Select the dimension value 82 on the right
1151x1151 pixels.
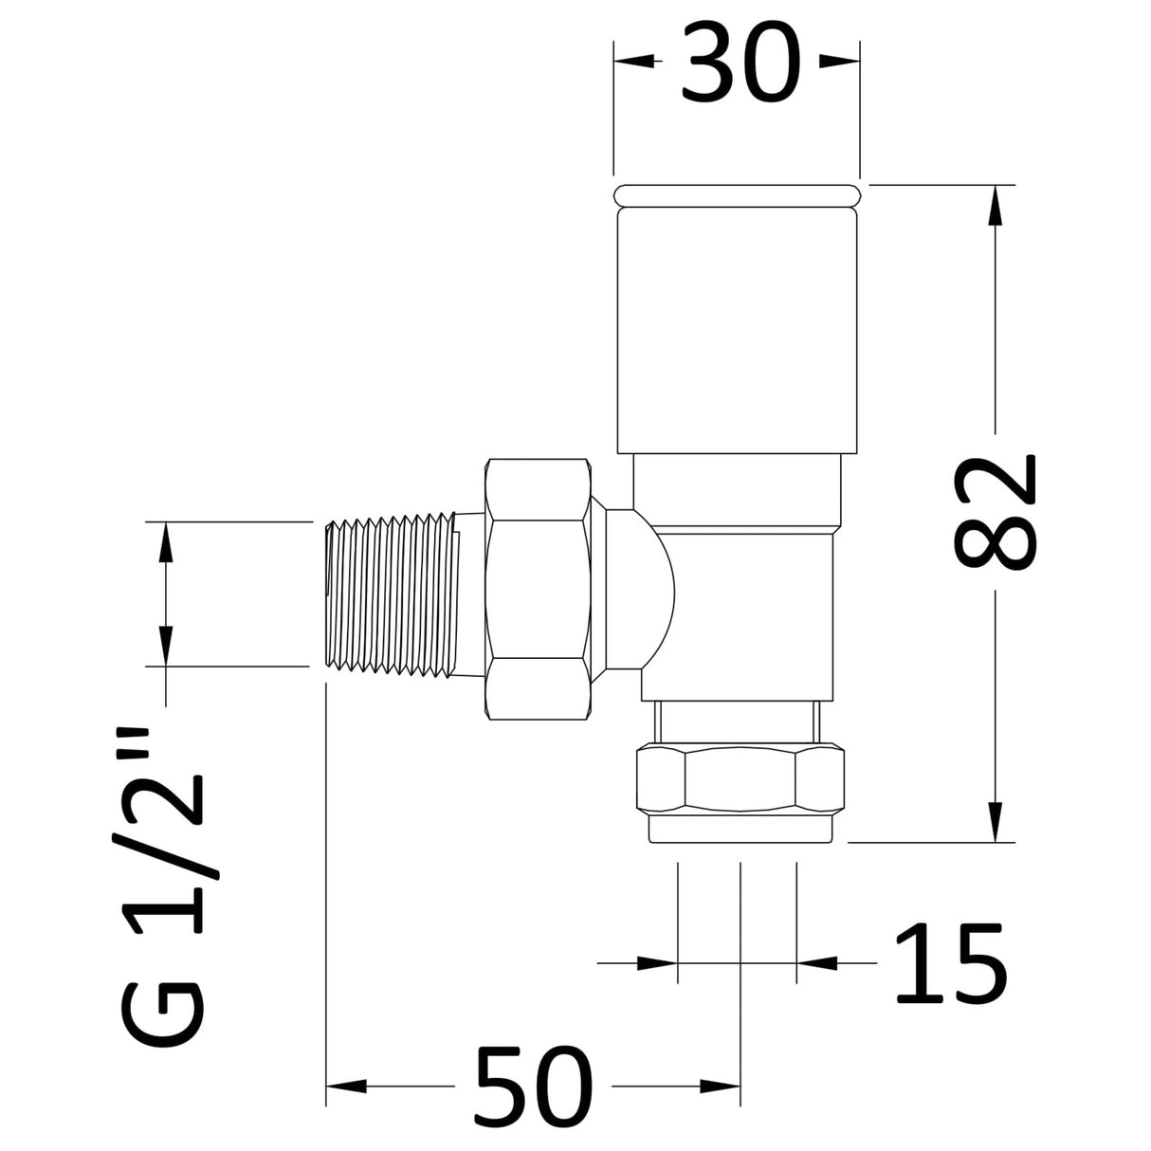(994, 513)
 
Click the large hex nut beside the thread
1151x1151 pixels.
(539, 592)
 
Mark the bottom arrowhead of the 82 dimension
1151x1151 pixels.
(994, 821)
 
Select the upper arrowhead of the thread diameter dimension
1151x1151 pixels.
(165, 541)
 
